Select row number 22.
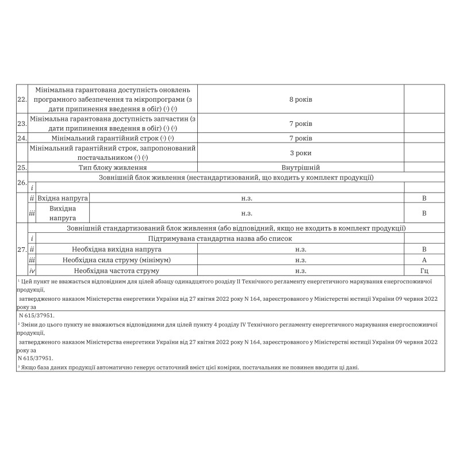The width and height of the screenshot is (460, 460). pos(22,100)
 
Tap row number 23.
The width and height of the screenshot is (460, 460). pos(22,124)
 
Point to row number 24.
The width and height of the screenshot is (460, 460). pos(22,139)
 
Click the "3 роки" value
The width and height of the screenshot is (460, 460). pos(301,153)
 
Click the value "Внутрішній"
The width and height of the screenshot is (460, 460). pos(301,168)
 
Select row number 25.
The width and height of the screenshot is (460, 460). pos(22,168)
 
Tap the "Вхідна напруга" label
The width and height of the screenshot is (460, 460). pos(63,198)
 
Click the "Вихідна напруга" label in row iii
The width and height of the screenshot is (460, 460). pos(63,213)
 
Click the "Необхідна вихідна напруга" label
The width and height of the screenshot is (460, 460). pos(117,250)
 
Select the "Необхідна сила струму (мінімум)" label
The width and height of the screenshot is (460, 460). pos(117,260)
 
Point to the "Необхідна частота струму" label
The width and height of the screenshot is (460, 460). pos(117,270)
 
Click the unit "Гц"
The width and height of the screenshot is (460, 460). pos(424,270)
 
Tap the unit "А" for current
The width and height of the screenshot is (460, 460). pos(424,260)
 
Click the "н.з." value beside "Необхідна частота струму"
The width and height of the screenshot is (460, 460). pos(301,270)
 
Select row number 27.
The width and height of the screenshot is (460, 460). pos(22,250)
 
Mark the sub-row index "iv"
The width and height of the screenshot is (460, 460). pos(33,270)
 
